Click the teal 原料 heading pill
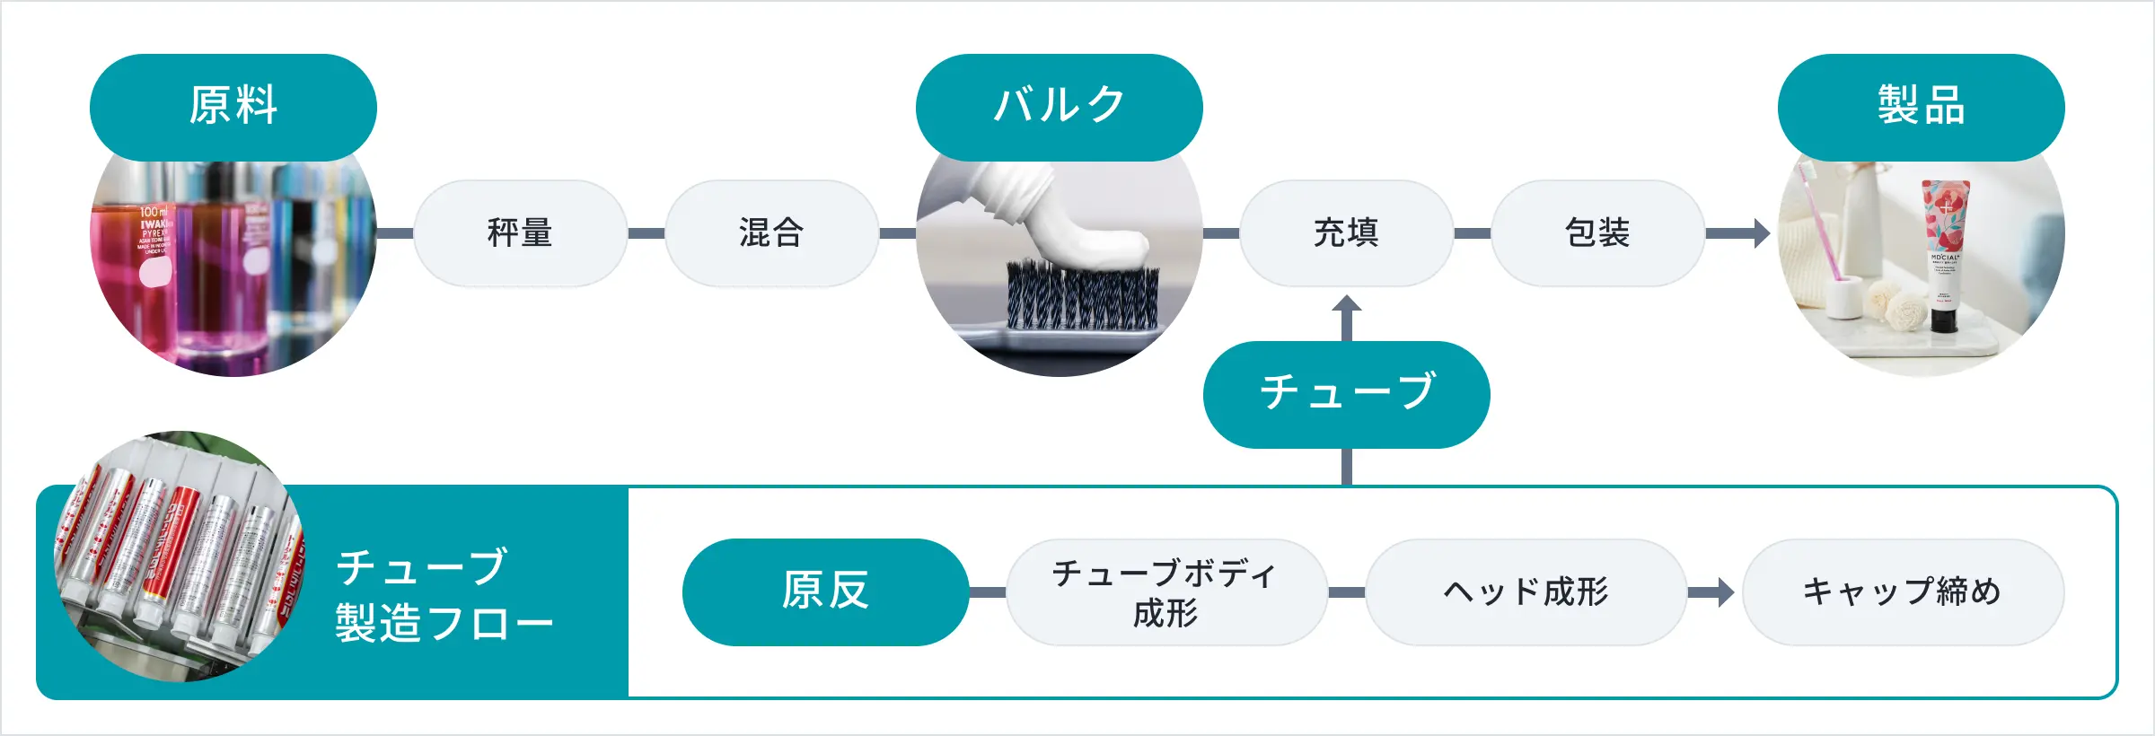click(x=233, y=107)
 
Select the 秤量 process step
click(x=520, y=233)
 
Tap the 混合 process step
click(x=771, y=233)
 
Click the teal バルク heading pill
click(x=1059, y=107)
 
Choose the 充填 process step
click(x=1346, y=233)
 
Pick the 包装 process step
click(x=1597, y=233)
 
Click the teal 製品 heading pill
click(x=1921, y=107)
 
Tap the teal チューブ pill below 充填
click(x=1346, y=394)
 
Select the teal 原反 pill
click(x=825, y=591)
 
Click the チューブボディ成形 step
click(x=1166, y=591)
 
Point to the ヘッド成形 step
click(x=1526, y=591)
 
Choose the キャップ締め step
click(x=1903, y=591)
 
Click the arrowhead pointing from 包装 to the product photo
click(x=1761, y=233)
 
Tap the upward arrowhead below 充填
click(x=1346, y=304)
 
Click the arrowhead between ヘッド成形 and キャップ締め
click(x=1725, y=591)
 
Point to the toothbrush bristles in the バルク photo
click(x=1082, y=296)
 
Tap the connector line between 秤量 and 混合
click(x=646, y=233)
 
